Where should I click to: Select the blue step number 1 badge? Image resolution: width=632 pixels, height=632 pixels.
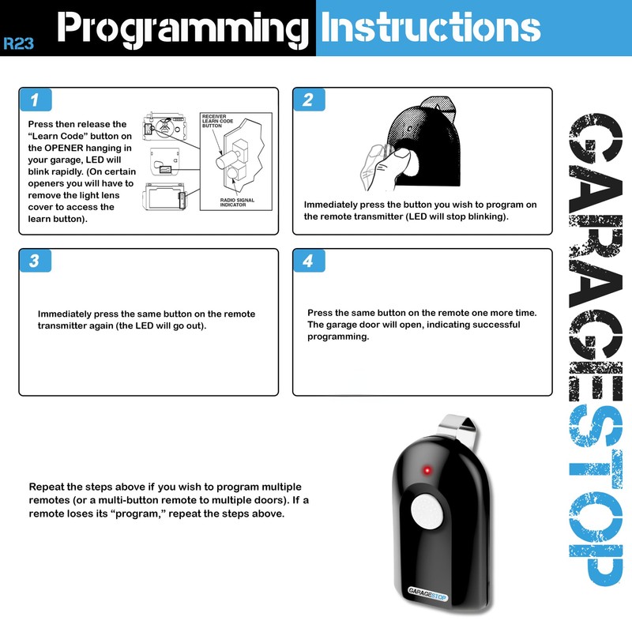(x=35, y=100)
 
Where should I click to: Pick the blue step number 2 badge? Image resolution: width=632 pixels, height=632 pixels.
(x=308, y=100)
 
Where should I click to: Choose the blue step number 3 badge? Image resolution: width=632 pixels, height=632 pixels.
(x=35, y=261)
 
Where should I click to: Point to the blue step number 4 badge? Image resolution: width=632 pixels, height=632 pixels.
(x=308, y=261)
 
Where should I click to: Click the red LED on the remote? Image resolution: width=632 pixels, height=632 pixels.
(x=424, y=472)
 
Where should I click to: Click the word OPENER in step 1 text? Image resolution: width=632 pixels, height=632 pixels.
(x=76, y=148)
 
